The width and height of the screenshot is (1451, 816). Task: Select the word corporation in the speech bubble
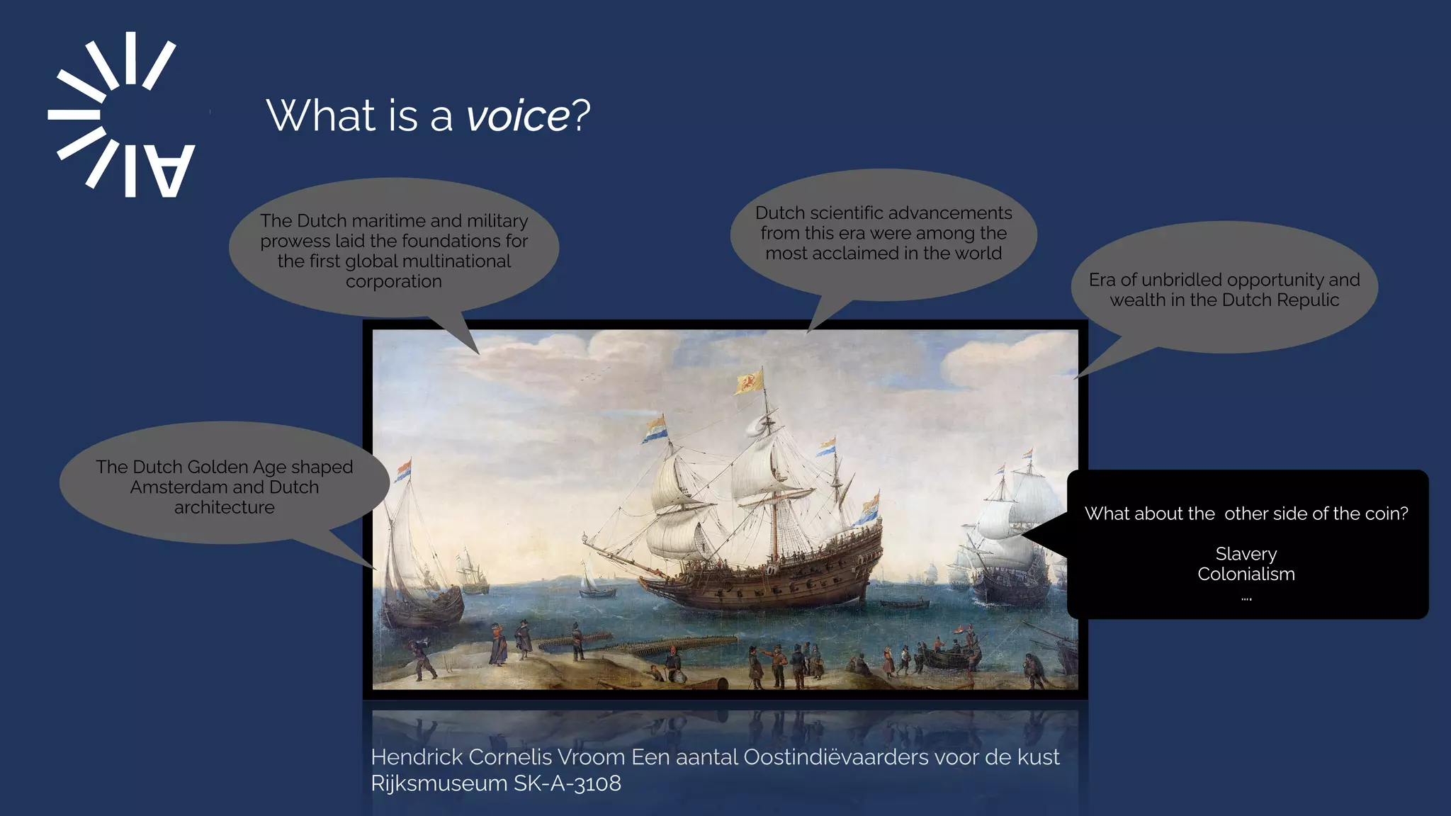[x=393, y=282]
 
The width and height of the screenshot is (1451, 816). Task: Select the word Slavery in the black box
[x=1246, y=554]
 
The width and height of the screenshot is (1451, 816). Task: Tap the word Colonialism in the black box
[x=1246, y=574]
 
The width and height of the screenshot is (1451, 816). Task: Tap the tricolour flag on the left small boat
[x=403, y=470]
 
